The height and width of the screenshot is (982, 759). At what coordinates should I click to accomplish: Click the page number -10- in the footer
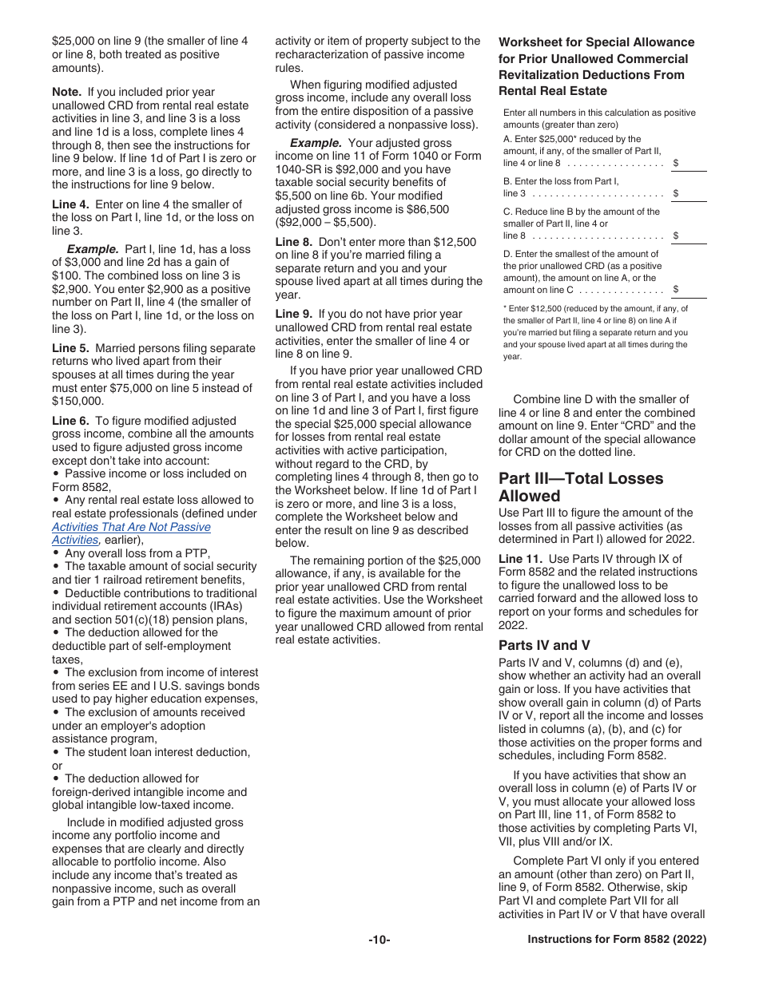click(x=379, y=940)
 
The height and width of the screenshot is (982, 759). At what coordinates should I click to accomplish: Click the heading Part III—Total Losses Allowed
click(x=581, y=487)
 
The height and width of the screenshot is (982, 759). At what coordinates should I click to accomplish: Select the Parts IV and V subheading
click(x=544, y=645)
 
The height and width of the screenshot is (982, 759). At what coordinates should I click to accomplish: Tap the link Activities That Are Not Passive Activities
click(x=132, y=533)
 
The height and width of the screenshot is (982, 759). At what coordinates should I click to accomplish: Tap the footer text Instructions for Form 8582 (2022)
click(x=617, y=940)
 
